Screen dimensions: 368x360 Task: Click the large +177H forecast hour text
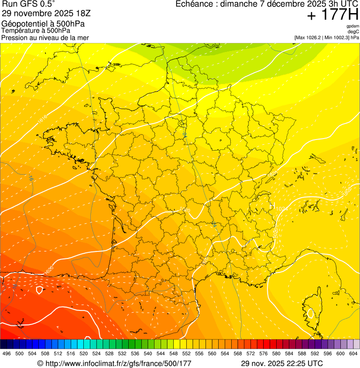pyautogui.click(x=332, y=15)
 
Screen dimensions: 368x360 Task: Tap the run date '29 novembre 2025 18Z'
pyautogui.click(x=49, y=14)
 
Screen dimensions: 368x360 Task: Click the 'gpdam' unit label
pyautogui.click(x=353, y=26)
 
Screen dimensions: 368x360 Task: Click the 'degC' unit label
pyautogui.click(x=353, y=32)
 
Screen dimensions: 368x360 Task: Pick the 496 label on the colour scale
pyautogui.click(x=7, y=353)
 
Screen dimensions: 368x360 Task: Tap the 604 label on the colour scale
pyautogui.click(x=353, y=353)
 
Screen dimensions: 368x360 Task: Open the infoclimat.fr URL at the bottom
pyautogui.click(x=114, y=363)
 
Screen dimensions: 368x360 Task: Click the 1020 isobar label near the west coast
pyautogui.click(x=49, y=271)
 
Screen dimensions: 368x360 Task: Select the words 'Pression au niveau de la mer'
pyautogui.click(x=45, y=37)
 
